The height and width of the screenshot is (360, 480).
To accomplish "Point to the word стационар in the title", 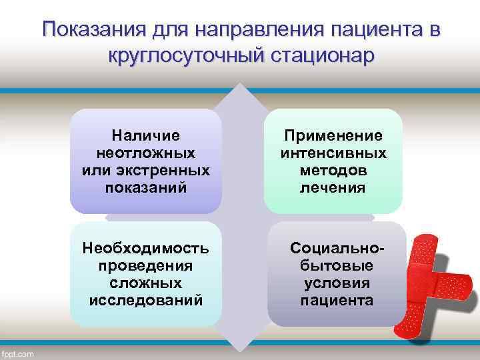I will [323, 56].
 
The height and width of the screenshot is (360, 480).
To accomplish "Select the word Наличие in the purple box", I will [145, 136].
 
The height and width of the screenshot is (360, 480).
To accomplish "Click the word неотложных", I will [145, 153].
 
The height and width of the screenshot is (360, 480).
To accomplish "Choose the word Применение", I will [333, 136].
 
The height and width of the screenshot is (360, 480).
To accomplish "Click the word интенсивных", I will [333, 153].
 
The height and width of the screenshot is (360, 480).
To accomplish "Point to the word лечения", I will [333, 188].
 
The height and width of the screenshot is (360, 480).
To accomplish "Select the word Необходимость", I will [145, 249].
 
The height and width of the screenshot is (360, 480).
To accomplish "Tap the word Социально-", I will [337, 249].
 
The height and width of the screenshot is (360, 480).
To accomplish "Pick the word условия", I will [337, 283].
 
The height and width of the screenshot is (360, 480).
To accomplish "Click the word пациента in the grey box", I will [337, 301].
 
